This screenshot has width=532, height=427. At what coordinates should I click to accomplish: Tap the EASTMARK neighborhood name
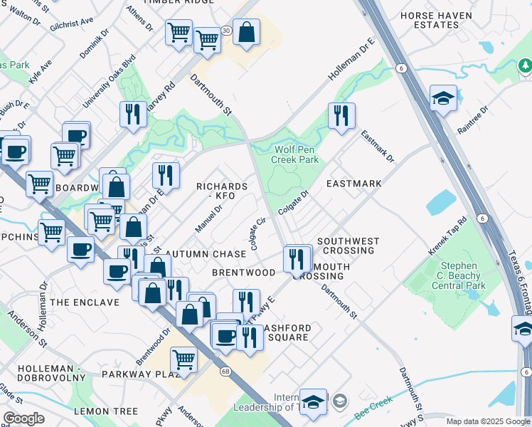pyautogui.click(x=353, y=184)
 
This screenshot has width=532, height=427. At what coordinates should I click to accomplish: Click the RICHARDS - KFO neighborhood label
pyautogui.click(x=222, y=191)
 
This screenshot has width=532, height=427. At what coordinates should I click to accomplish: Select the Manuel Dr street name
pyautogui.click(x=208, y=218)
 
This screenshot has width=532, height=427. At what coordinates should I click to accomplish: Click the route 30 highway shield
pyautogui.click(x=225, y=31)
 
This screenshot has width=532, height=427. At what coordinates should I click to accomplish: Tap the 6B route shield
pyautogui.click(x=226, y=371)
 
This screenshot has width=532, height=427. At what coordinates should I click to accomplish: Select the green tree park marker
pyautogui.click(x=525, y=66)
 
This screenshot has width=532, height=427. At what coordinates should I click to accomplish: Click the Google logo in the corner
pyautogui.click(x=24, y=418)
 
